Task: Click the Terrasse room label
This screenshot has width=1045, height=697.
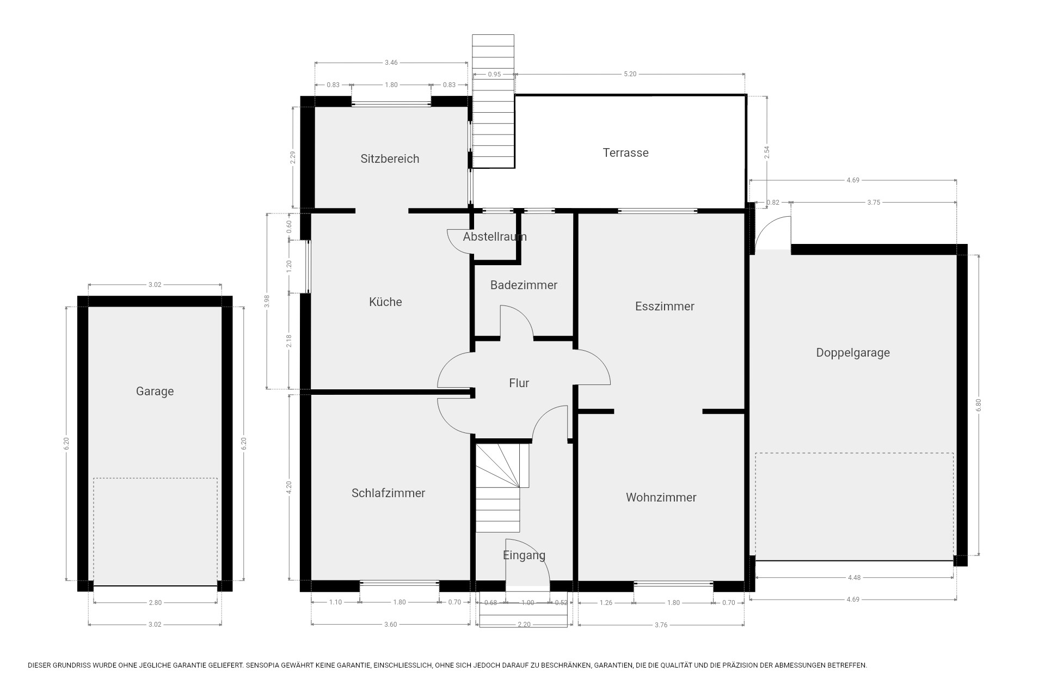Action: point(625,152)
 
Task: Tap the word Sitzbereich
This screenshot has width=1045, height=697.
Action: point(390,158)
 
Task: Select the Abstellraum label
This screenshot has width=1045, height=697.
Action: point(495,236)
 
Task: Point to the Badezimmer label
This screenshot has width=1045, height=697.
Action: point(524,285)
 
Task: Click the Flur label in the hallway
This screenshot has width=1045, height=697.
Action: point(519,383)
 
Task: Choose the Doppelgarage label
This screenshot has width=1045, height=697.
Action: point(853,353)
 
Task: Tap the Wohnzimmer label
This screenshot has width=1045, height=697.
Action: point(661,497)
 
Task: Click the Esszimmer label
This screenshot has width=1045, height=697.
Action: point(665,306)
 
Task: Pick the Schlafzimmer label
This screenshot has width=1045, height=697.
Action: point(388,493)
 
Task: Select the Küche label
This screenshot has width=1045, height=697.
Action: point(385,302)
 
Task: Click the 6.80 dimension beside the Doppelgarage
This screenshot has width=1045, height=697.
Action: point(979,405)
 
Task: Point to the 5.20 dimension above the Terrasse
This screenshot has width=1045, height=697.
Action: point(630,74)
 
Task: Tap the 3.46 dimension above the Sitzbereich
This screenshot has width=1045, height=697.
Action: point(391,63)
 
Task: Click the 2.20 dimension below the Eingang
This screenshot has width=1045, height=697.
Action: point(524,625)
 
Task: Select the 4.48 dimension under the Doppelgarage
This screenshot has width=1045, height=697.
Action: point(854,578)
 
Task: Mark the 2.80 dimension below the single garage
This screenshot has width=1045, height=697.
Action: point(155,603)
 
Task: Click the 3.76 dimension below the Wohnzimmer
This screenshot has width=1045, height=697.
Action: point(661,625)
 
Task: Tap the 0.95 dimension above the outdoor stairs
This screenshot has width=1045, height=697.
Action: point(494,74)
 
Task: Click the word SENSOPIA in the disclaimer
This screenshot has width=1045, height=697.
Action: point(265,665)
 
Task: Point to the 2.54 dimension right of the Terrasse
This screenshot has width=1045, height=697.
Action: point(767,152)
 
